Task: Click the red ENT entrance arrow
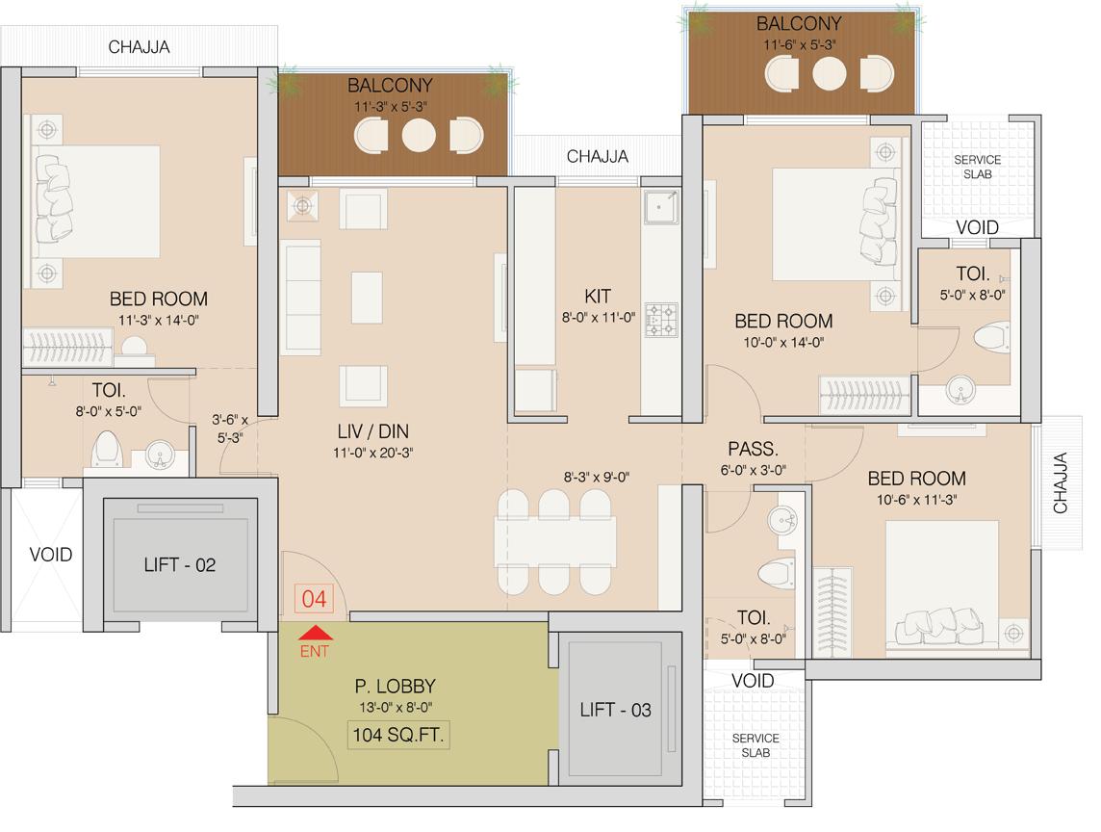(x=316, y=634)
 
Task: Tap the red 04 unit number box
(x=315, y=599)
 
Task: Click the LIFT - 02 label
(x=180, y=565)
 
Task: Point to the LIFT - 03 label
(x=616, y=711)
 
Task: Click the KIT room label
(x=597, y=296)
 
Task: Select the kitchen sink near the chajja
(x=660, y=206)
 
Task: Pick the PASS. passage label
(x=753, y=449)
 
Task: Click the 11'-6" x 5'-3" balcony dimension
(x=798, y=44)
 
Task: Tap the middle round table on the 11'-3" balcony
(x=418, y=134)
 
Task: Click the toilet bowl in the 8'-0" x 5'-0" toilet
(x=105, y=449)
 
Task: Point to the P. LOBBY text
(x=395, y=687)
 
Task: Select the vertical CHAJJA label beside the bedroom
(x=1061, y=483)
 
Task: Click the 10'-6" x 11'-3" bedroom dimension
(x=916, y=500)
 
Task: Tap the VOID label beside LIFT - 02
(x=50, y=555)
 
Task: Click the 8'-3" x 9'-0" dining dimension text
(x=597, y=476)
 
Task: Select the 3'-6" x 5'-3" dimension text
(x=230, y=429)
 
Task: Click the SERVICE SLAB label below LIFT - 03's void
(x=755, y=745)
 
